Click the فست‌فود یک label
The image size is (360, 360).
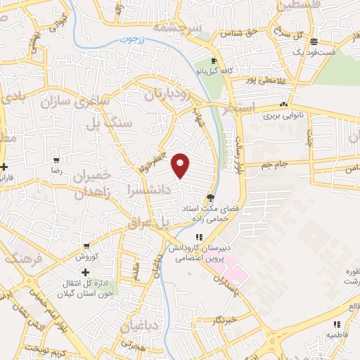tap(330, 52)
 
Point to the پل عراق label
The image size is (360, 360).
tap(150, 224)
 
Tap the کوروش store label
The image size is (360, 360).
tap(86, 258)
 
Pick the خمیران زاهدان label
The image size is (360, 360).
tap(92, 183)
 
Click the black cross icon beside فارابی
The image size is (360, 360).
tap(6, 167)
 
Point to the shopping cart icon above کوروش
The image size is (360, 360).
tap(86, 246)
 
